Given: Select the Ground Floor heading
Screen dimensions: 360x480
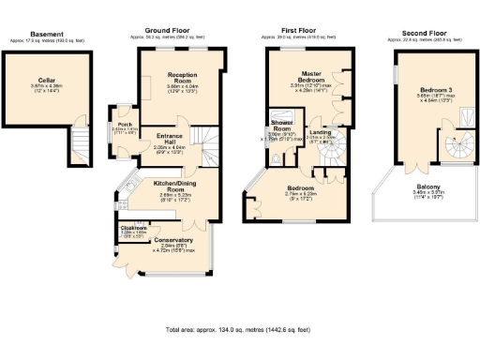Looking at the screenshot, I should pos(169,31).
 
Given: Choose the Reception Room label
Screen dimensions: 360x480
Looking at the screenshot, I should pos(180,74).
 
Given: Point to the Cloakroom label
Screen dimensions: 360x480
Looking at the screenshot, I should pos(133,228).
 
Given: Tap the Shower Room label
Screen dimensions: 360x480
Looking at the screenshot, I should pos(282,126).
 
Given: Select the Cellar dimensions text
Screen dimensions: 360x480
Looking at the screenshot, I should pos(37,86).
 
